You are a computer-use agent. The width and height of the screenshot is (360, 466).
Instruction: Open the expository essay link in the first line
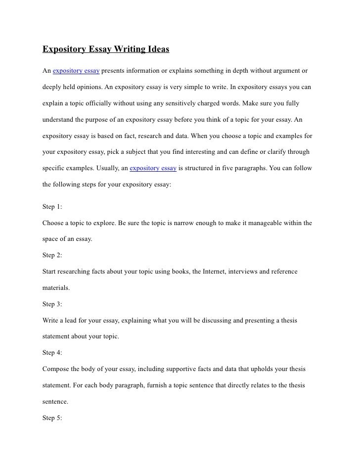pos(76,71)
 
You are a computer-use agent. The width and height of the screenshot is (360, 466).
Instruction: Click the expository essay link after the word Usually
pos(153,168)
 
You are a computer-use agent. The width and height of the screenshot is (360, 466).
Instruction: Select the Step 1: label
pos(52,206)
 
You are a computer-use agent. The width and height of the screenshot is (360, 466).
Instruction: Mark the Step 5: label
pos(52,417)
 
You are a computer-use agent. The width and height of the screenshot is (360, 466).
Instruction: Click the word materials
pos(56,287)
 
